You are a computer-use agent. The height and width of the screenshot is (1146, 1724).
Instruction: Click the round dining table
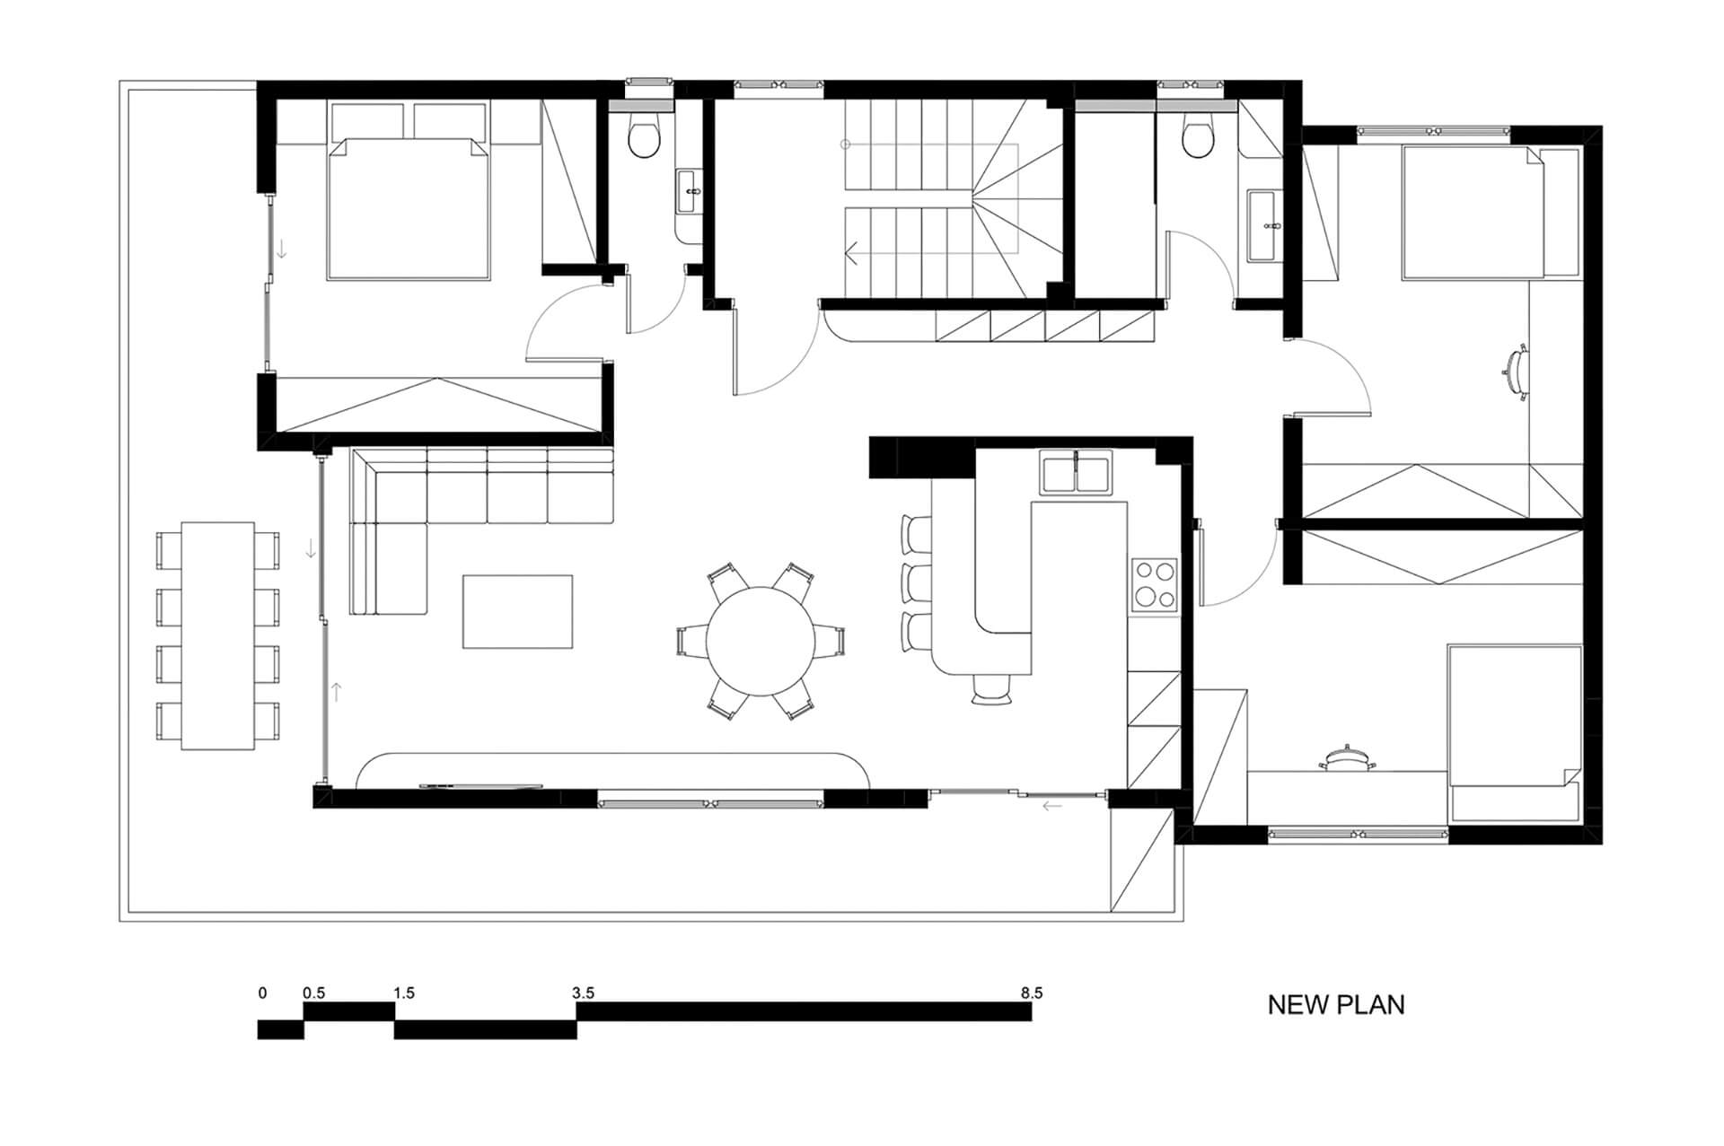(761, 641)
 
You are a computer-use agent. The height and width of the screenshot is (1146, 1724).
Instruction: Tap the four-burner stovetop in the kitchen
(1154, 584)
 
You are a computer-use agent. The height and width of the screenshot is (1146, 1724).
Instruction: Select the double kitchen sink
(1077, 473)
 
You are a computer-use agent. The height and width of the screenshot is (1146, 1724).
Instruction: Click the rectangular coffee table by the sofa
(517, 611)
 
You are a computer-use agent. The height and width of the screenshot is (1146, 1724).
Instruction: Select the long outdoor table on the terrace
(218, 635)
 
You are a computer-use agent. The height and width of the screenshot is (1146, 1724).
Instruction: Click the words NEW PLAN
(1335, 1005)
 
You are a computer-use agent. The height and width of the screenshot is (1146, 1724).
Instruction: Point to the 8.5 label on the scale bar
(1031, 993)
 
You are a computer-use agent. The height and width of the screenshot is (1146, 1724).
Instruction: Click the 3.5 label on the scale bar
(583, 993)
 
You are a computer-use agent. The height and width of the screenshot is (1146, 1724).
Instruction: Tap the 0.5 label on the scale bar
(313, 993)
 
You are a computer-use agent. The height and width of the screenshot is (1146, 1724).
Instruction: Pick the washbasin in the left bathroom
(690, 191)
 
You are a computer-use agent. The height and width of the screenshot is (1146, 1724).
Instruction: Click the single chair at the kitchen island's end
(991, 687)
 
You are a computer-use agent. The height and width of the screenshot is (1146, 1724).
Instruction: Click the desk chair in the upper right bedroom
(1517, 371)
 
